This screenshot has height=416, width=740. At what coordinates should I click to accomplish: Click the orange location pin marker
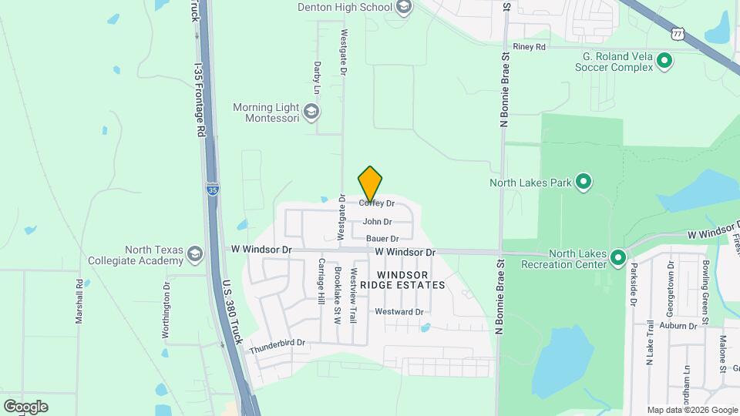click(x=371, y=184)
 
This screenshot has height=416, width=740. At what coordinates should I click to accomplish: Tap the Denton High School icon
click(x=403, y=7)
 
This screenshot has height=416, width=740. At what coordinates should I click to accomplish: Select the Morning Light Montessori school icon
click(x=311, y=112)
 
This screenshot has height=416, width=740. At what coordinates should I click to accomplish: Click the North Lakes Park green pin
click(x=584, y=183)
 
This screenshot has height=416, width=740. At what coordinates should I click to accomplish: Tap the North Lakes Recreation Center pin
click(x=617, y=257)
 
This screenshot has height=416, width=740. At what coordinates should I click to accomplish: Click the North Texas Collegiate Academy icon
click(x=196, y=253)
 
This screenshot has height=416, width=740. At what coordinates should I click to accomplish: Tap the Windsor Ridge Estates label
click(x=412, y=280)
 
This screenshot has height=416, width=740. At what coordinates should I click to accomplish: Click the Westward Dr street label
click(x=399, y=312)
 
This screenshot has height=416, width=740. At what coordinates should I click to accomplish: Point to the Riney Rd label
click(x=529, y=47)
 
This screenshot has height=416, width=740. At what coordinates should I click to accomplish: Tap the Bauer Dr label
click(x=382, y=239)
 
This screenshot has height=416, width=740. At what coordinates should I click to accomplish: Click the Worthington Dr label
click(x=166, y=305)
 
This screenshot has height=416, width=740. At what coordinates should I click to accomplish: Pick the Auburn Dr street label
click(x=679, y=326)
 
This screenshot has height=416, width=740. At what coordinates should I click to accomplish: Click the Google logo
click(x=25, y=407)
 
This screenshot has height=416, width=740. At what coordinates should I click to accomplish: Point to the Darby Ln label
click(x=317, y=74)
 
